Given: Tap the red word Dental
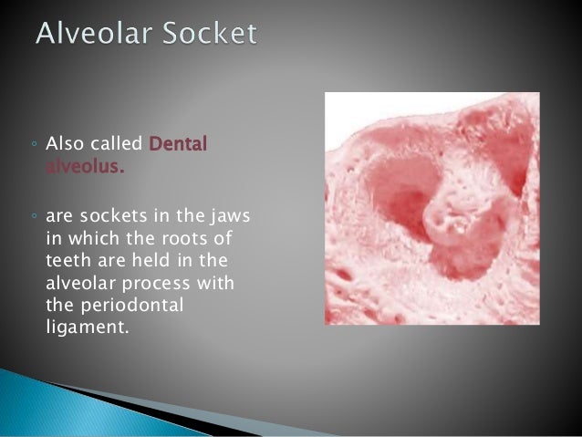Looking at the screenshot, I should (x=178, y=144).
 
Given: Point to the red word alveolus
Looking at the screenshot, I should (x=85, y=167).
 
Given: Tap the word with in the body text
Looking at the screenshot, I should (x=218, y=282).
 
